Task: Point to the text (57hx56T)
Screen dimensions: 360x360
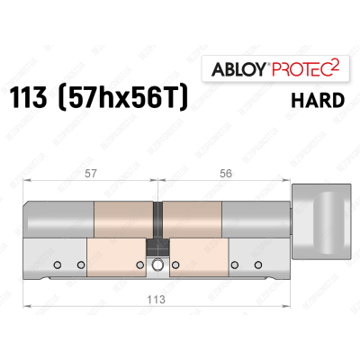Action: (133, 100)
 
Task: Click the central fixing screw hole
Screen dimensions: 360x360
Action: (159, 265)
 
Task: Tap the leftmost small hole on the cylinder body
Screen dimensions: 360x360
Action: (58, 265)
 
